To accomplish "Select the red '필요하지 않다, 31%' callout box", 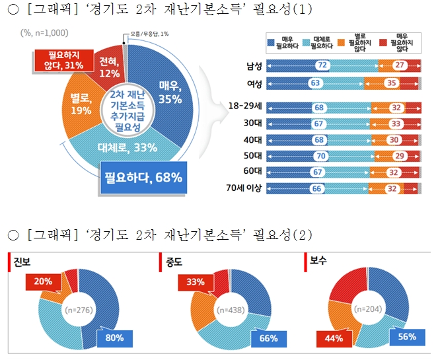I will click(x=55, y=58).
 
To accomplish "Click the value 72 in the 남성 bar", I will click(x=322, y=65).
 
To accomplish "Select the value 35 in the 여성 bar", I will click(x=391, y=83).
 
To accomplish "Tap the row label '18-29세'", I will click(x=245, y=106).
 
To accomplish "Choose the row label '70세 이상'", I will click(x=245, y=188).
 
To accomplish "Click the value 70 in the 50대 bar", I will click(x=321, y=156).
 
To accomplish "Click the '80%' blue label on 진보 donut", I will click(x=116, y=339).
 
